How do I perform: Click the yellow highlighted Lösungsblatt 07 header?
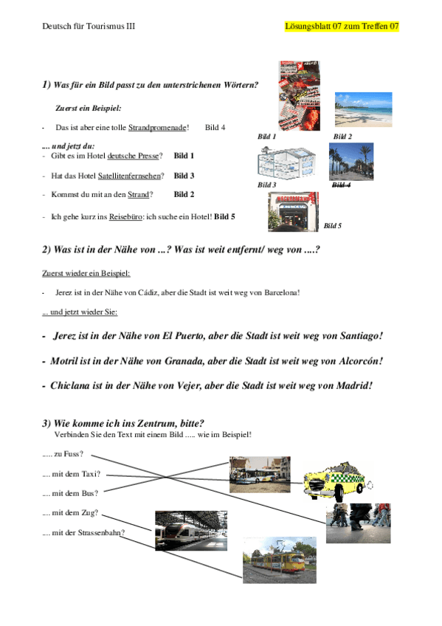tap(341, 27)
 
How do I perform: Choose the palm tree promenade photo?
tap(351, 162)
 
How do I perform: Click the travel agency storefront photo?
tap(293, 212)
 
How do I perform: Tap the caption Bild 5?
tap(333, 225)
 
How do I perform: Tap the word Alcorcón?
tap(359, 361)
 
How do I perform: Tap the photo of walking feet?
tap(358, 523)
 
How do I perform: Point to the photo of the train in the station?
tap(190, 530)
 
